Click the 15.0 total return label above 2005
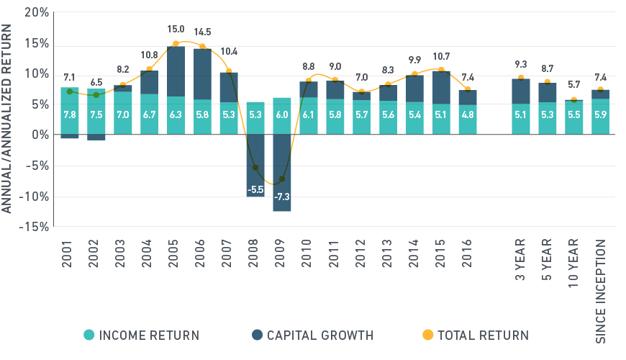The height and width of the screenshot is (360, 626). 176,30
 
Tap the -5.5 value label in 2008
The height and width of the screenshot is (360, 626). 255,189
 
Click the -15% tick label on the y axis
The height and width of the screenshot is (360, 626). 34,227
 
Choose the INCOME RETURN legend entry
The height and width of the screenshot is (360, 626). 141,335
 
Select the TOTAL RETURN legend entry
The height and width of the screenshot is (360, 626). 476,335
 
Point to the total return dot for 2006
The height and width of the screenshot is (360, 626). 202,47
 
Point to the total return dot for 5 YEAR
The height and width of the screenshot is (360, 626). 548,82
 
